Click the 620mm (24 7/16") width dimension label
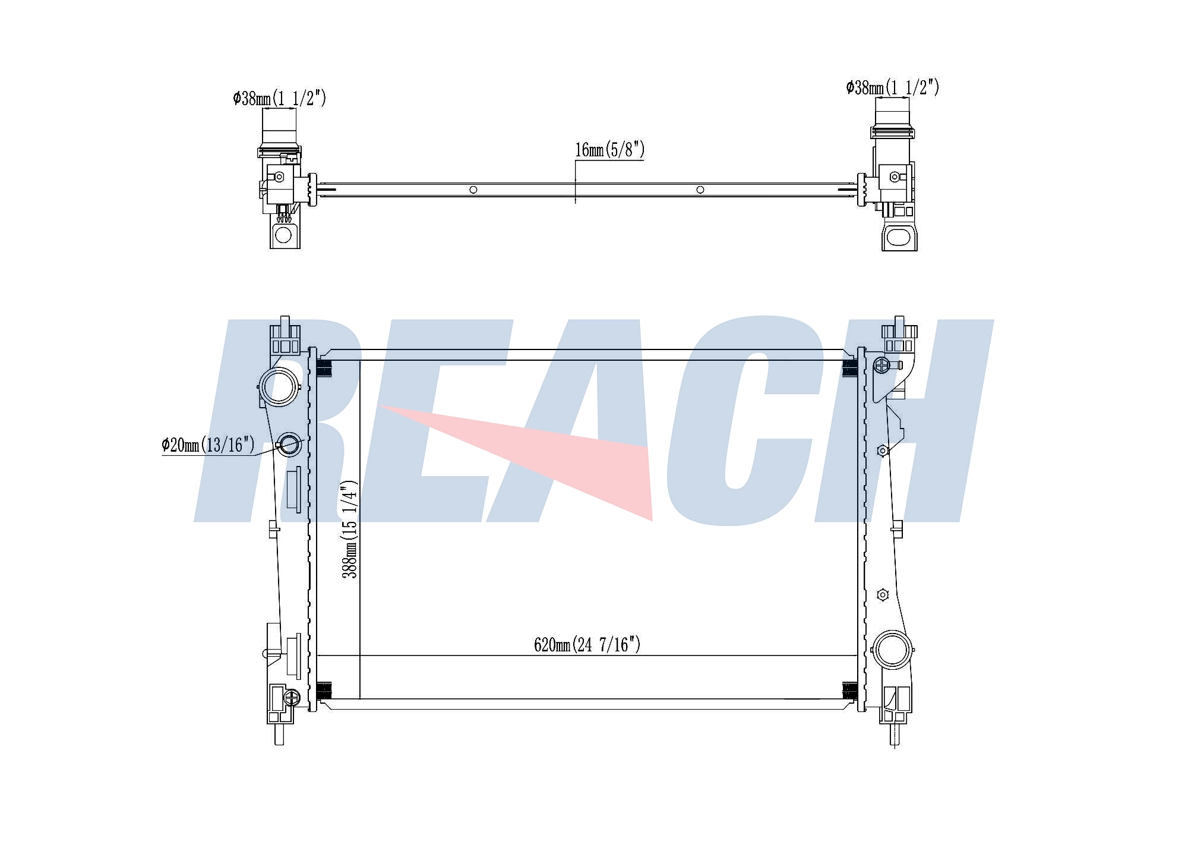tap(587, 645)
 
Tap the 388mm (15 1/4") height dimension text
tap(350, 530)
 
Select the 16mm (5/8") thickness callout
tap(609, 150)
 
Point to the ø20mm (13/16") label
tap(208, 445)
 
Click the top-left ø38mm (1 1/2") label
tap(279, 98)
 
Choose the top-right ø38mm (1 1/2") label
tap(893, 87)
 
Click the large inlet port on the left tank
tap(279, 387)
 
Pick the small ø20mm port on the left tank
tap(290, 445)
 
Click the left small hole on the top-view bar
tap(473, 190)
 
